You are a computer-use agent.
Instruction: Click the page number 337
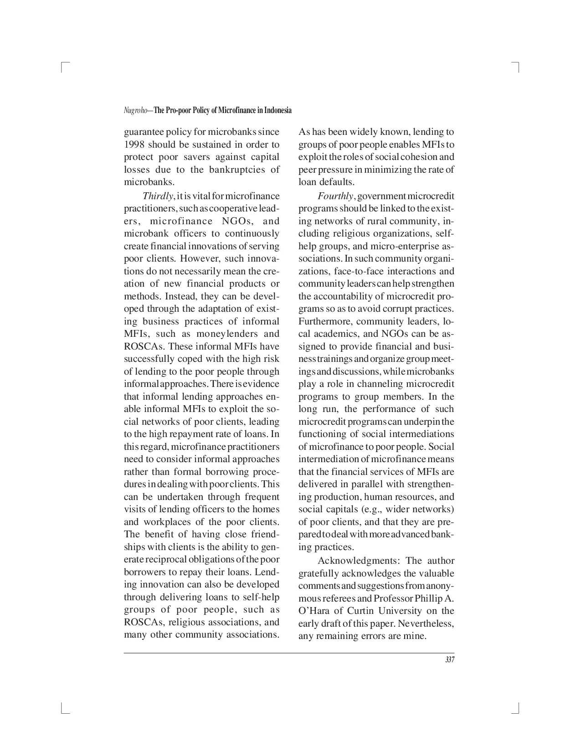tap(450, 659)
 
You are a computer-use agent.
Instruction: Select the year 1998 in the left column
tap(134, 144)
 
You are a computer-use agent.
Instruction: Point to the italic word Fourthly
tap(335, 196)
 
